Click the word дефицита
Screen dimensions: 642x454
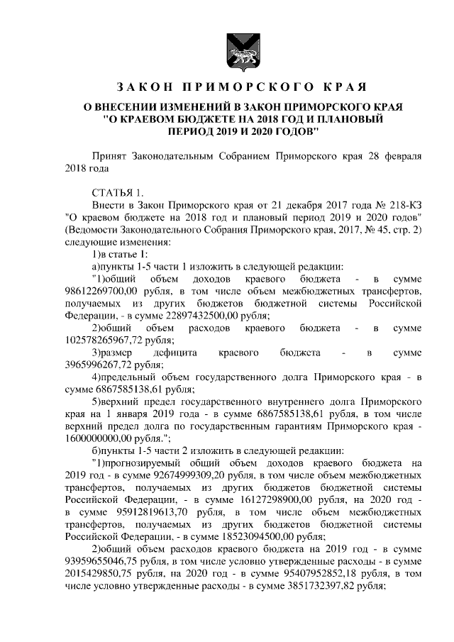coord(173,353)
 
